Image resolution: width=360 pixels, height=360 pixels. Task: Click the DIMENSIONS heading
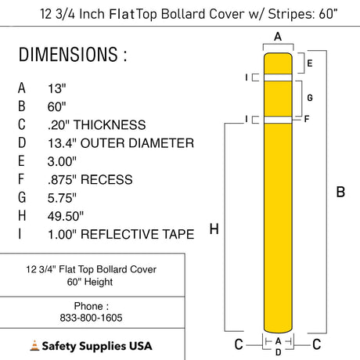point(73,54)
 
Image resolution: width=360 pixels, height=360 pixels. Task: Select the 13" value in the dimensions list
point(56,88)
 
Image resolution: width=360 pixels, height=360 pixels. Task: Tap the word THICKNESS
point(110,124)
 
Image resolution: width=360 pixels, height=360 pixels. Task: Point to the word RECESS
point(106,179)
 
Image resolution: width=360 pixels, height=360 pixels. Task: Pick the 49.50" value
point(65,216)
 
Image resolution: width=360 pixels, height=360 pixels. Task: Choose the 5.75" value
point(62,198)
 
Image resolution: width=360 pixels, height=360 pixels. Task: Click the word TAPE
point(178,234)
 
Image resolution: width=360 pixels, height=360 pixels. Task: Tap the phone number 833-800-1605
point(91,318)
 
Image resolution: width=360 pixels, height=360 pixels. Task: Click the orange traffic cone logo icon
point(34,345)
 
